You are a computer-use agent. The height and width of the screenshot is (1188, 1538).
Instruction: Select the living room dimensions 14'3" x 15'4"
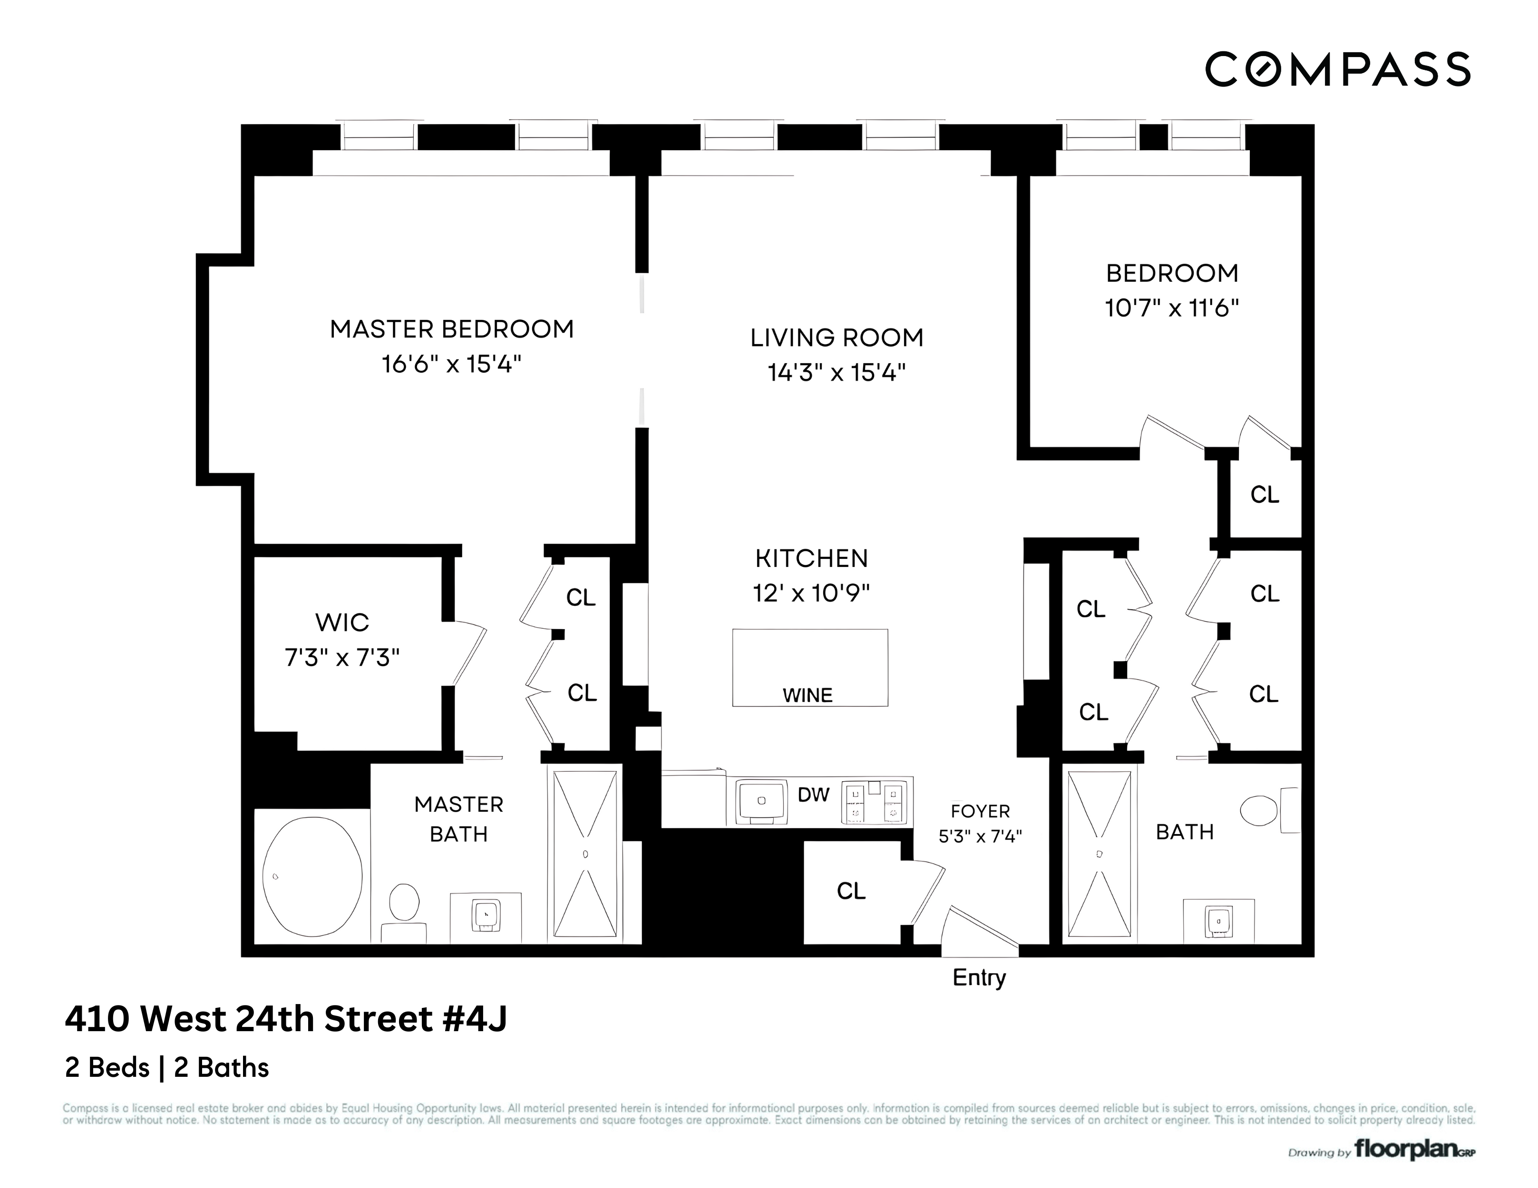tap(836, 372)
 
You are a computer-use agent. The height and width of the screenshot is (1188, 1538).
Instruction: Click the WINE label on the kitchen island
tap(807, 695)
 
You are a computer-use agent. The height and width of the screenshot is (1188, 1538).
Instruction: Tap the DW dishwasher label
tap(813, 795)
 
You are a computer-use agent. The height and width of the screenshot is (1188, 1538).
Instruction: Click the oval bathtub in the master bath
tap(312, 876)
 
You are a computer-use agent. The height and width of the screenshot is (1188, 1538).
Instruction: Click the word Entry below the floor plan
tap(979, 977)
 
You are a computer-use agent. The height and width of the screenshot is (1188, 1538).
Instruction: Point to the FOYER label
tap(980, 812)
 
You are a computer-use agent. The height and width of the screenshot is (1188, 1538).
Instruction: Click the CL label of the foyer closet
tap(851, 891)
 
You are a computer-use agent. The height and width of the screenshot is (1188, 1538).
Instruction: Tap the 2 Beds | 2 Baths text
tap(167, 1068)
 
